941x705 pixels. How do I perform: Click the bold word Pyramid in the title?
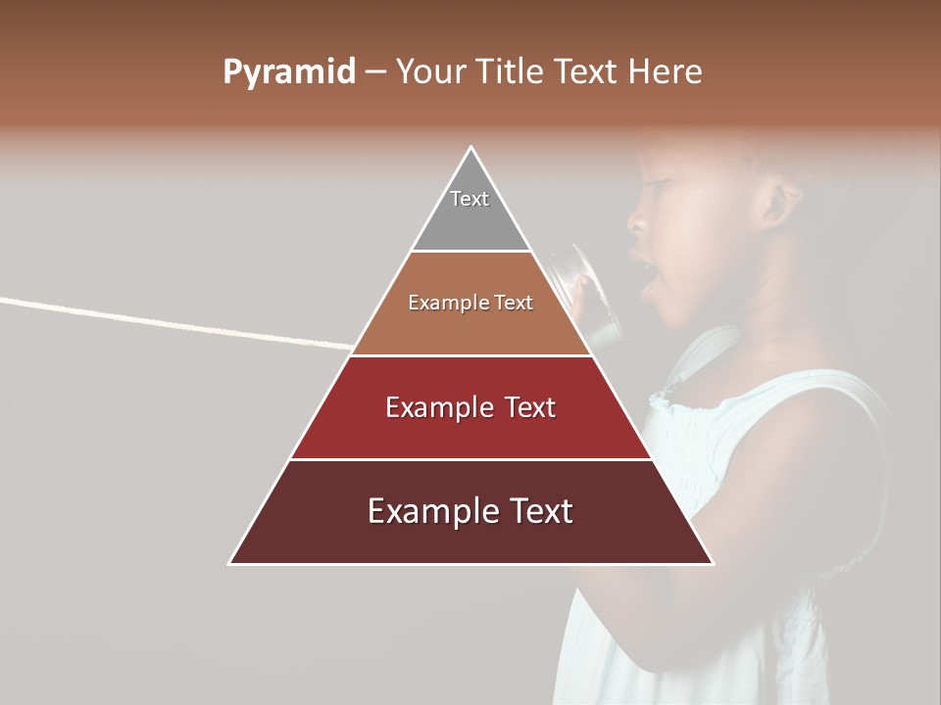(x=289, y=72)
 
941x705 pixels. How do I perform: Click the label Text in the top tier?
(x=470, y=199)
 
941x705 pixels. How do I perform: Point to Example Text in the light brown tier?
(x=470, y=303)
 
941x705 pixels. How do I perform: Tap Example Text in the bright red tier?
(x=470, y=407)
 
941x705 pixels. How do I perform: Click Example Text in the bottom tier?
(x=470, y=511)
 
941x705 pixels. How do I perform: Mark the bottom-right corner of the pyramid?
(x=712, y=563)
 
